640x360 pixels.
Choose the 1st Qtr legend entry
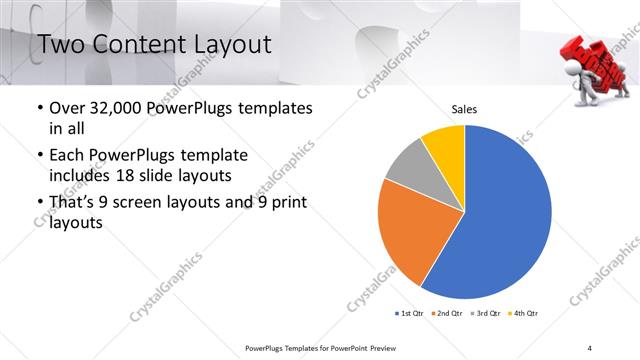[411, 313]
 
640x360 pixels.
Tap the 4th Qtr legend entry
[525, 313]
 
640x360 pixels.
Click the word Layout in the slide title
[227, 44]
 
